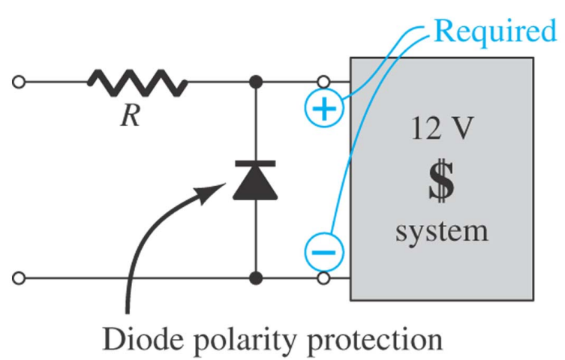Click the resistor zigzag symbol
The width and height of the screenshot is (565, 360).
(x=138, y=82)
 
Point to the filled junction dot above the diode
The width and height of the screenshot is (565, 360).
(x=256, y=82)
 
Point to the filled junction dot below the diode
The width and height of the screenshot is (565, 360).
(x=256, y=279)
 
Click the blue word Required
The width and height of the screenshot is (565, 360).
(x=496, y=31)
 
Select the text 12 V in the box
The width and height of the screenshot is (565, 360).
(x=441, y=133)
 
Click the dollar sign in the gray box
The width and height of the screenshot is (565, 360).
(x=441, y=181)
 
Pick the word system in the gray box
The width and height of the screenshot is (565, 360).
(x=441, y=229)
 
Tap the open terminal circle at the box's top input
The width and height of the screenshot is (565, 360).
(x=325, y=82)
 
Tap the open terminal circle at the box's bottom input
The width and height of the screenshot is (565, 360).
(x=325, y=279)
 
